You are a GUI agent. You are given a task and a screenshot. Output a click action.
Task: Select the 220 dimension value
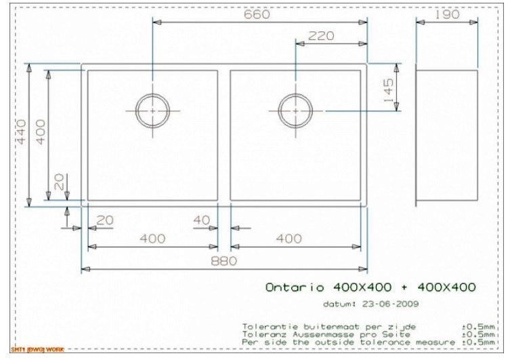pyautogui.click(x=320, y=36)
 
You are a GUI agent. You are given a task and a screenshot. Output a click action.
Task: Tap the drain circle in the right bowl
pyautogui.click(x=295, y=110)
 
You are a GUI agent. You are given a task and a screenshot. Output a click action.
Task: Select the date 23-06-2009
pyautogui.click(x=383, y=304)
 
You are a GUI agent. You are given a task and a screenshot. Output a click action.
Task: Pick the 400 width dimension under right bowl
pyautogui.click(x=289, y=238)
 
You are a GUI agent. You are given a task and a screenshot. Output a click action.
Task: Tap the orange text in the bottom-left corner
pyautogui.click(x=33, y=350)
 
